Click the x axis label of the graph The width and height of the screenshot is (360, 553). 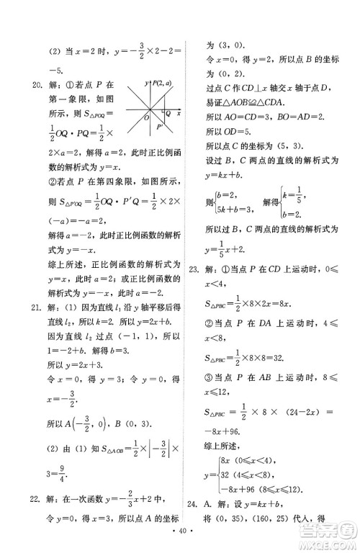(178, 114)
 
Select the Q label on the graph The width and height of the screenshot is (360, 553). (167, 114)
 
